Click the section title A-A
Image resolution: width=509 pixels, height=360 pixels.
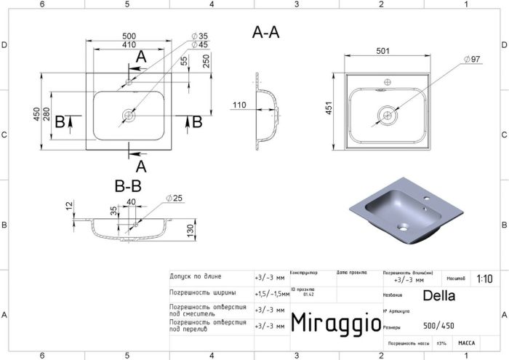tap(265, 32)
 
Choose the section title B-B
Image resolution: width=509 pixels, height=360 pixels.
tap(127, 187)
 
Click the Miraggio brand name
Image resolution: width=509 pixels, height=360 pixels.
tap(335, 323)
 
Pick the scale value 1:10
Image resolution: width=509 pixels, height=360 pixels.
tap(484, 279)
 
